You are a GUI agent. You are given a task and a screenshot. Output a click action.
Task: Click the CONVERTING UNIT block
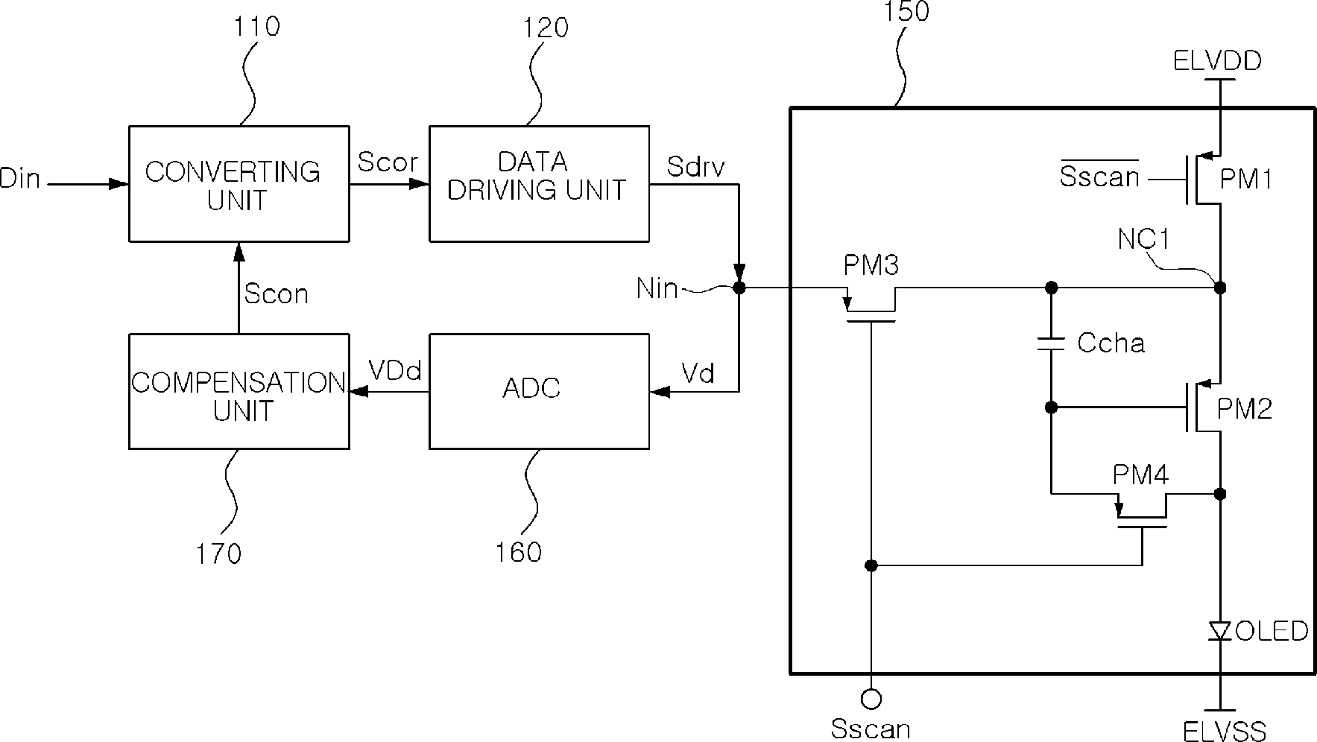(239, 184)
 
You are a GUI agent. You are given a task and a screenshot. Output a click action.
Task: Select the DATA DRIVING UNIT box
(539, 184)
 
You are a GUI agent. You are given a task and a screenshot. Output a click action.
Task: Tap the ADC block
(539, 391)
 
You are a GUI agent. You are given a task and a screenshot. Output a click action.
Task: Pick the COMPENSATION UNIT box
(239, 391)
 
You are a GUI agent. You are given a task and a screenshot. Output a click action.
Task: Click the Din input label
(20, 179)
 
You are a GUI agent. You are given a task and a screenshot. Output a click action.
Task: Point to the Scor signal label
(388, 162)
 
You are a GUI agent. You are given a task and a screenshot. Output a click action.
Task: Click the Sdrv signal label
(696, 167)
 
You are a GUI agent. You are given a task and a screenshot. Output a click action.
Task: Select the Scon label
(276, 294)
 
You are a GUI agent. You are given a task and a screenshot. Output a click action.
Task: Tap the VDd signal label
(396, 370)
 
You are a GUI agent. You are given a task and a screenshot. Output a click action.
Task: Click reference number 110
(256, 27)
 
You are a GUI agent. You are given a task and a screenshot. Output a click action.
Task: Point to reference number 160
(519, 552)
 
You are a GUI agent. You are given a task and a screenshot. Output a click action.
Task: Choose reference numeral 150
(906, 12)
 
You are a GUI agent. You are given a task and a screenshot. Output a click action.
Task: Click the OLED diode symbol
(1220, 632)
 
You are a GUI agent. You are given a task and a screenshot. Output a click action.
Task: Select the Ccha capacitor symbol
(1051, 343)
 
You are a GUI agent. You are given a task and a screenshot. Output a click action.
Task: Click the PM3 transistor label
(871, 265)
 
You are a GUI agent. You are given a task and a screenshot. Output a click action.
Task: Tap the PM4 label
(1140, 475)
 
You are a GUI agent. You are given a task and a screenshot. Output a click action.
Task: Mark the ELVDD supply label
(1217, 60)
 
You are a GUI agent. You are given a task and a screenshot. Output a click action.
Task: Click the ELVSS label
(1224, 730)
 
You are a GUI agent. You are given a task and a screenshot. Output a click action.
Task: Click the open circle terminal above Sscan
(871, 699)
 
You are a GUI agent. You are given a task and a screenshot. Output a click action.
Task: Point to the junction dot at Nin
(739, 288)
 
